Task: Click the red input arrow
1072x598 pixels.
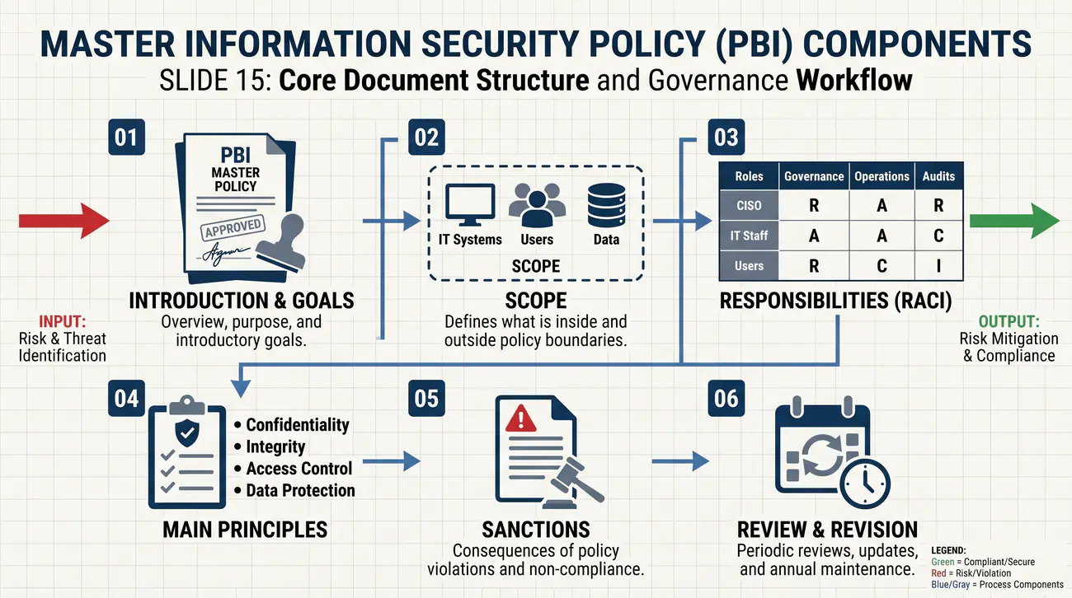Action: pos(64,221)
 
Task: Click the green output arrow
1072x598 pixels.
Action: pos(1014,221)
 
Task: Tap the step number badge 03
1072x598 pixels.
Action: pos(726,138)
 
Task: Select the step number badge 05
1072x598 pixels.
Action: pos(426,398)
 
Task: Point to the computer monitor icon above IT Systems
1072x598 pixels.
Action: pos(470,204)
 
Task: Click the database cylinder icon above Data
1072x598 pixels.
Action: pos(606,205)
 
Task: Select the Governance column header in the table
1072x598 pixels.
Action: pos(814,176)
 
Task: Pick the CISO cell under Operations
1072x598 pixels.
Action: pos(882,206)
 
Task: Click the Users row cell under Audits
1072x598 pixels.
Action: pos(938,266)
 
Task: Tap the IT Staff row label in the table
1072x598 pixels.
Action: pos(749,236)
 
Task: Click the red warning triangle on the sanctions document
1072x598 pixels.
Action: pos(520,418)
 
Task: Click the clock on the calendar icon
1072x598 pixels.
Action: pos(865,484)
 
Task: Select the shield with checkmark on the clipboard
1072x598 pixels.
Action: pos(187,433)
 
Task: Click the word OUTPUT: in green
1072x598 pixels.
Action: pos(1009,321)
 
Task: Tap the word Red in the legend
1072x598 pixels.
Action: pos(938,573)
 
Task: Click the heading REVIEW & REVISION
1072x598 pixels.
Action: pos(827,530)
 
